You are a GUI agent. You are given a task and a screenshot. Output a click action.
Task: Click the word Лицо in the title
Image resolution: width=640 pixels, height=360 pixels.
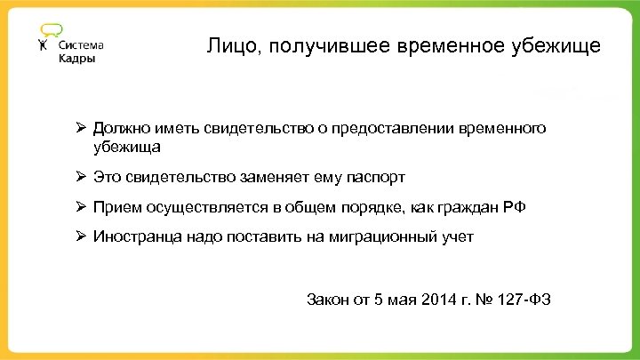(228, 45)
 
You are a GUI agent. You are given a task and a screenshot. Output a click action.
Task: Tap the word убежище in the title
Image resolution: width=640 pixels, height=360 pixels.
(556, 45)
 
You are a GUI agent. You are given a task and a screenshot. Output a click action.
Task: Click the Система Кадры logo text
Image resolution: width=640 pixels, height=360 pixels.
(81, 52)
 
